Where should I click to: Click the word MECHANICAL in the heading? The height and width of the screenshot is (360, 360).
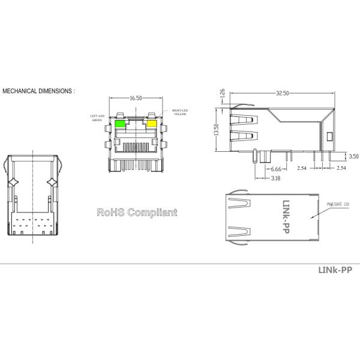tap(22, 91)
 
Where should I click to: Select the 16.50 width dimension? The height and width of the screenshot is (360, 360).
tap(136, 98)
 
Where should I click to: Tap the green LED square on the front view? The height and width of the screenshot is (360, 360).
tap(120, 124)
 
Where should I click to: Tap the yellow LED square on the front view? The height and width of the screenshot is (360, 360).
tap(152, 124)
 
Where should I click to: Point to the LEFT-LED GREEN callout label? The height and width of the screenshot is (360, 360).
tap(98, 118)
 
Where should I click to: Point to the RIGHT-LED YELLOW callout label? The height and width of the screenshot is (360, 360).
tap(181, 112)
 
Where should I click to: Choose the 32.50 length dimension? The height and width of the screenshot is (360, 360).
tap(282, 94)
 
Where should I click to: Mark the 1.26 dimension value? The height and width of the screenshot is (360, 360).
tap(222, 95)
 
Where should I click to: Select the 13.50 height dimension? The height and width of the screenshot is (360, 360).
tap(217, 130)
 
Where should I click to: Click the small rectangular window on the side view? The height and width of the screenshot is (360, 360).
tap(328, 136)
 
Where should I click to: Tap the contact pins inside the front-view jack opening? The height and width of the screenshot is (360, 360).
tap(136, 146)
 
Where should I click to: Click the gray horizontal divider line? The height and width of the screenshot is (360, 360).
tap(180, 263)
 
